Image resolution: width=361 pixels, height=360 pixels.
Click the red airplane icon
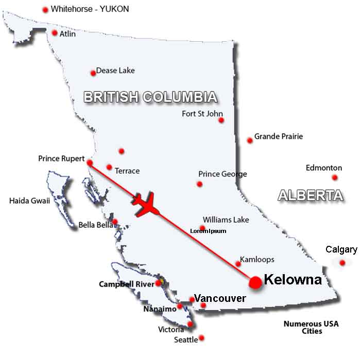click(146, 204)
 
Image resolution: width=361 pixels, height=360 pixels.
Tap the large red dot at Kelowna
click(255, 282)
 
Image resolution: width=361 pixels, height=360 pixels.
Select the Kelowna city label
click(293, 280)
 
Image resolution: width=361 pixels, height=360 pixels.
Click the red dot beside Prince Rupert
click(90, 163)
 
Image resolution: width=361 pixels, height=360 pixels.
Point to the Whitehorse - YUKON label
click(90, 9)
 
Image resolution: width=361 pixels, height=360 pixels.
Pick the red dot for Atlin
click(55, 33)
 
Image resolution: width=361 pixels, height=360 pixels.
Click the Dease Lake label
click(115, 70)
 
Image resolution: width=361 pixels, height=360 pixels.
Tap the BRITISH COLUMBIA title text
click(150, 97)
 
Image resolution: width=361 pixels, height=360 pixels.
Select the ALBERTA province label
click(310, 195)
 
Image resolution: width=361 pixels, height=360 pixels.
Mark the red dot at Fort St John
click(221, 120)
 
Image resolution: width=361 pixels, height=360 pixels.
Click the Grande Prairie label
click(279, 136)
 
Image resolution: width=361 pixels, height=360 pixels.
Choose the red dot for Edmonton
click(335, 177)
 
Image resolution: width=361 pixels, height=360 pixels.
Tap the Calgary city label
click(341, 249)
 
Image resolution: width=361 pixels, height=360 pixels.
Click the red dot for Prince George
click(200, 184)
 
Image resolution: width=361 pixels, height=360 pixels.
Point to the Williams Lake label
click(226, 220)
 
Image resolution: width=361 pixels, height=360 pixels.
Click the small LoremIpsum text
click(208, 231)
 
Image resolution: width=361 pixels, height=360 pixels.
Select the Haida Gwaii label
click(29, 201)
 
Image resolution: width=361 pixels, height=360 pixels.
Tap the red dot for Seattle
click(201, 338)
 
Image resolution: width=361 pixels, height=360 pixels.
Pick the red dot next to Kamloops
click(238, 264)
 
